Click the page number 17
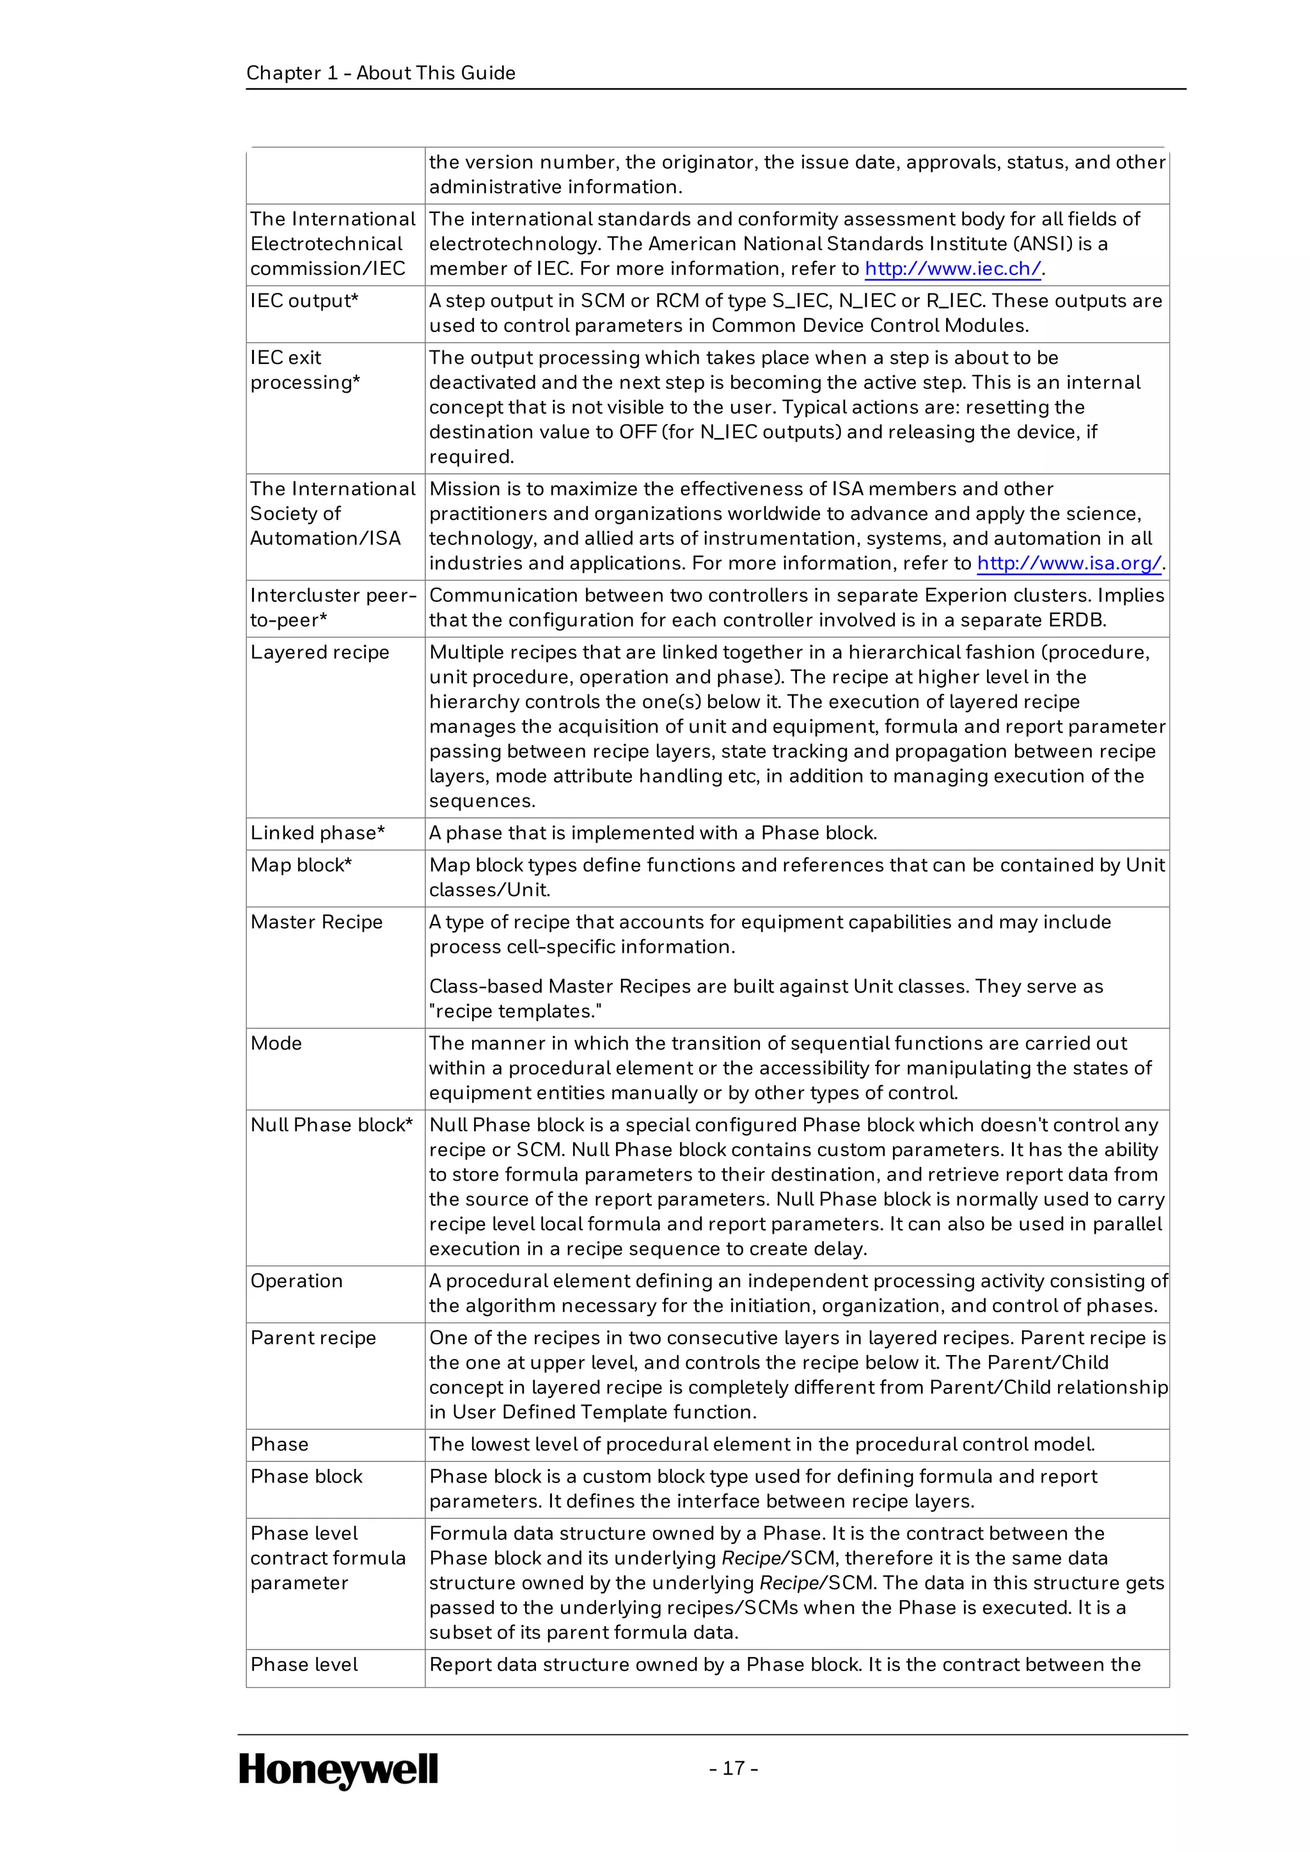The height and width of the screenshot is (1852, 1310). [x=733, y=1768]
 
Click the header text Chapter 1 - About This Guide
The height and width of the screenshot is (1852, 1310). [x=381, y=73]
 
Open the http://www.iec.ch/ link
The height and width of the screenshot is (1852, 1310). [x=952, y=269]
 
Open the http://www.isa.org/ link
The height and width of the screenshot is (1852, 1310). [x=1069, y=563]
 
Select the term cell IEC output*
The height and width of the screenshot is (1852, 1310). [x=304, y=301]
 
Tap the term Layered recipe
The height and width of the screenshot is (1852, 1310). [x=319, y=652]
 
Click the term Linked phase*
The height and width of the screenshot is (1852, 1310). [x=317, y=833]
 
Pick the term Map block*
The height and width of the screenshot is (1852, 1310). [x=301, y=865]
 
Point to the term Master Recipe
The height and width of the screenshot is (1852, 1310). [x=316, y=922]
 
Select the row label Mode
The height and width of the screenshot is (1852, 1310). [x=276, y=1043]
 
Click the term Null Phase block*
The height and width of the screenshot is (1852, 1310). [x=331, y=1124]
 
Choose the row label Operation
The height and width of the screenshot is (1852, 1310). [x=296, y=1281]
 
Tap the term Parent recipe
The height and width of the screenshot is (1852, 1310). [x=313, y=1337]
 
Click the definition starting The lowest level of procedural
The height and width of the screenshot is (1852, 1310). [x=761, y=1444]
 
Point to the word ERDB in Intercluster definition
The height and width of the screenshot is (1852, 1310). [x=1078, y=620]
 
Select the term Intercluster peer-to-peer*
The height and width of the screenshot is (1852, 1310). [x=333, y=608]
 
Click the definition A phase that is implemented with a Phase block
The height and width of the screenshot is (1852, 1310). [x=652, y=833]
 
